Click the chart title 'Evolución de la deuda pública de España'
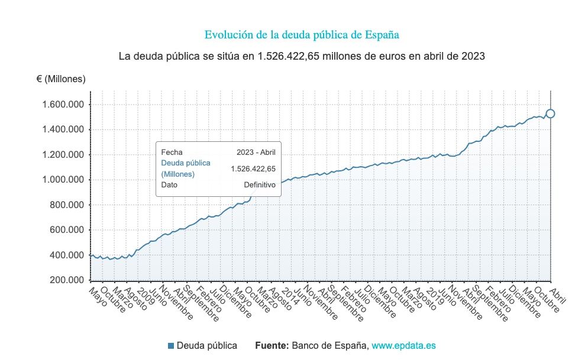pos(302,35)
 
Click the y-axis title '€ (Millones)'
pos(61,79)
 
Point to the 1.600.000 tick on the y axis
pos(62,105)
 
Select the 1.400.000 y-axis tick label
pos(62,130)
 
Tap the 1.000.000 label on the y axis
pos(62,180)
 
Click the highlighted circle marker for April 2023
pos(550,113)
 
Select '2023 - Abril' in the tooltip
pos(256,152)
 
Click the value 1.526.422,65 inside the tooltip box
pos(253,168)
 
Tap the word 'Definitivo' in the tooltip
pos(260,185)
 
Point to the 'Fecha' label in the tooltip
pos(172,152)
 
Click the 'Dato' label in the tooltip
pos(169,185)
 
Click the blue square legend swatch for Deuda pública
pos(171,346)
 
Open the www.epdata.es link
pos(403,346)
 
